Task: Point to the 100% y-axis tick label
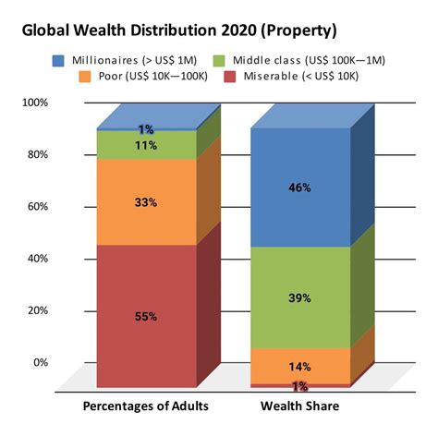(x=34, y=103)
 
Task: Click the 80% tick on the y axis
(x=37, y=154)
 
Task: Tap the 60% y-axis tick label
(x=37, y=207)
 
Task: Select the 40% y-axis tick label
(x=37, y=259)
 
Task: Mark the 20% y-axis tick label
(x=37, y=310)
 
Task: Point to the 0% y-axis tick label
(x=40, y=363)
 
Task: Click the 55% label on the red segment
(x=145, y=317)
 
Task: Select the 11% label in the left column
(x=145, y=145)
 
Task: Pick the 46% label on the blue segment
(x=298, y=187)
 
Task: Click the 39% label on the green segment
(x=298, y=297)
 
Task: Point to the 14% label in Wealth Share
(x=298, y=366)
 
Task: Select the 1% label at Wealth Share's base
(x=299, y=386)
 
